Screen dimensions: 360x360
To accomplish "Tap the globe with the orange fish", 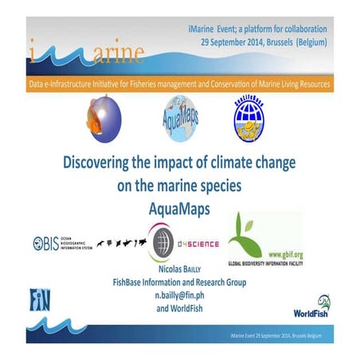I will (104, 115).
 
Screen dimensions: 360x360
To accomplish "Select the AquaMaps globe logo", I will (181, 117).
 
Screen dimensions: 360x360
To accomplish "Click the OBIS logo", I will (61, 243).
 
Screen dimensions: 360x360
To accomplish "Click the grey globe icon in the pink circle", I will (162, 242).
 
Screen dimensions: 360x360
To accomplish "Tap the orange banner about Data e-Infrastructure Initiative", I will (179, 83).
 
